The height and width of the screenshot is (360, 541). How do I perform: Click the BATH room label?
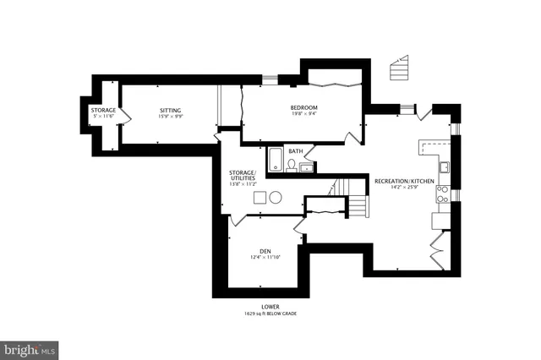point(295,151)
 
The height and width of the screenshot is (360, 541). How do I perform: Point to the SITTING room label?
point(172,110)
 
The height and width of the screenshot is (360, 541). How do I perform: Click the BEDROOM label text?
point(303,107)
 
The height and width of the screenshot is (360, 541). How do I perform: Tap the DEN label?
point(265,251)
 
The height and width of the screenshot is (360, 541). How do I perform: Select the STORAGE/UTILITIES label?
point(242,176)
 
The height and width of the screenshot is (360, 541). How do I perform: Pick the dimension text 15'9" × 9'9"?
point(172,117)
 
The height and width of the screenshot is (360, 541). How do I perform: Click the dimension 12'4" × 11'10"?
point(265,258)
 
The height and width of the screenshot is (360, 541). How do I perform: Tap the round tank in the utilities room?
point(275,197)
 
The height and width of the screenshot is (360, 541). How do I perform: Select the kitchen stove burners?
point(442,195)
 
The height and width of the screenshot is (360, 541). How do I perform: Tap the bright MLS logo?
point(30,348)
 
